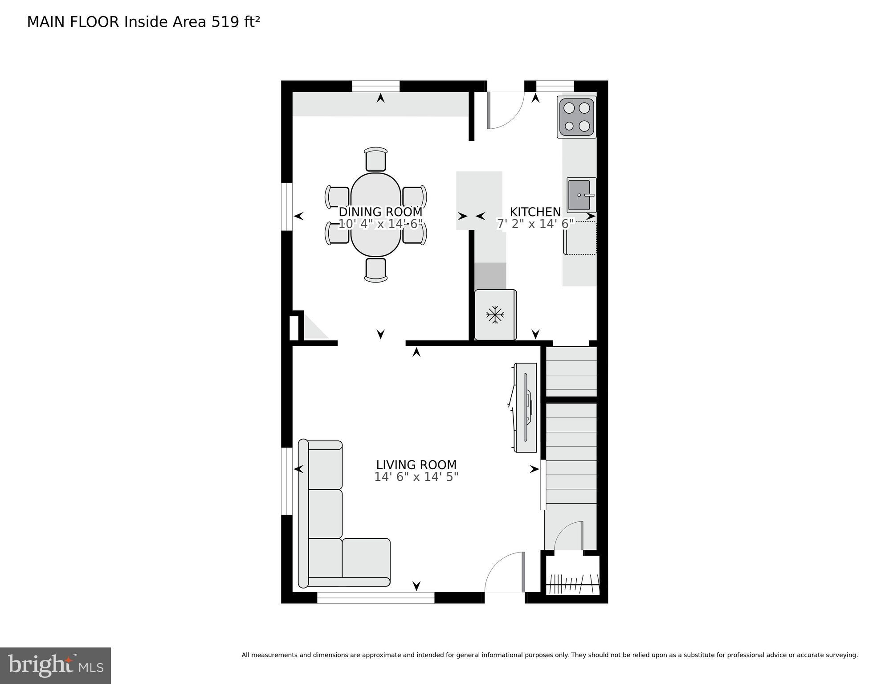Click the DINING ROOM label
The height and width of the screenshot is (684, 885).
tap(380, 212)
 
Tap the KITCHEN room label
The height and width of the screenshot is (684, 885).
tap(535, 212)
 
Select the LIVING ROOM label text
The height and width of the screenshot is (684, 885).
tap(416, 465)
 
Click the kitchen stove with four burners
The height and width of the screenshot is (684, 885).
tap(576, 117)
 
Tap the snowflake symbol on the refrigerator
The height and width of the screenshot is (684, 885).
tap(495, 315)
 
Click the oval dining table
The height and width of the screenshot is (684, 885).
tap(375, 215)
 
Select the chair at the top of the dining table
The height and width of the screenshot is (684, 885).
tap(375, 160)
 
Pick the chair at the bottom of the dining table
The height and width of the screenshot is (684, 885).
tap(375, 270)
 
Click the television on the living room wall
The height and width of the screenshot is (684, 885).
tap(526, 407)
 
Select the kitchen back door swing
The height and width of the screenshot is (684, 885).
tap(506, 111)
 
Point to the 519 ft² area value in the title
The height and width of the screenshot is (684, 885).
tap(235, 22)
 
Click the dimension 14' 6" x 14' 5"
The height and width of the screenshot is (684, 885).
tap(416, 477)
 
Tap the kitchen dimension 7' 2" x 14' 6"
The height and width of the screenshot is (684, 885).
tap(535, 224)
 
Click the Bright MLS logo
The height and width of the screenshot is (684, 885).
tap(55, 665)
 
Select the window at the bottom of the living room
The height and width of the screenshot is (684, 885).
tap(375, 598)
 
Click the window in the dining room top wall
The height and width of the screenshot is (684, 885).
tap(375, 86)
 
